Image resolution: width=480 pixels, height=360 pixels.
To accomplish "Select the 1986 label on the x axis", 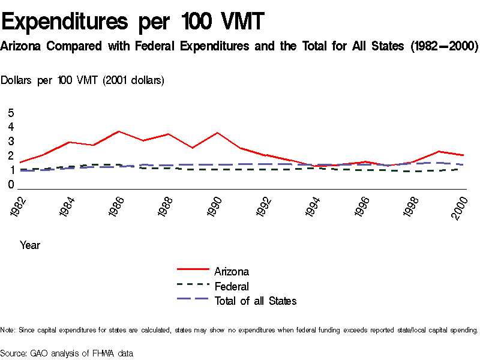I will point(118,208).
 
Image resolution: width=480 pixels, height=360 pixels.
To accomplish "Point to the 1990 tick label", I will point(215,208).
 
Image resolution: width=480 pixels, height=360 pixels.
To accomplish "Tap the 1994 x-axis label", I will point(312,208).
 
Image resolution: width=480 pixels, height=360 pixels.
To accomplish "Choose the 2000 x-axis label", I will point(459,208).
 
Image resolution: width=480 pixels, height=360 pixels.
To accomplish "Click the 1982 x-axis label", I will point(20,208).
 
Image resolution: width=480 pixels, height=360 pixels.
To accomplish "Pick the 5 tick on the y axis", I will point(10,113).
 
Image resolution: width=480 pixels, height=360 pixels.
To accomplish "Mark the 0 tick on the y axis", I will point(10,185).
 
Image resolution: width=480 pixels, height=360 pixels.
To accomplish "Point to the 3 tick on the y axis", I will point(10,142).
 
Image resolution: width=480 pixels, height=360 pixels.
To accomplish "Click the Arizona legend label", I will point(231,272).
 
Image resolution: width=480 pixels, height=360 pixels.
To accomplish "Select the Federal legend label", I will point(231,286).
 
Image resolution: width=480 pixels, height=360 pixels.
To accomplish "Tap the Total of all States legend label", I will point(255,301).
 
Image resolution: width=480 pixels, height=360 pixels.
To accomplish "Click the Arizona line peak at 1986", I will point(119,131).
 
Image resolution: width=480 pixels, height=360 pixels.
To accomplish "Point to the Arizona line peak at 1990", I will point(217,133).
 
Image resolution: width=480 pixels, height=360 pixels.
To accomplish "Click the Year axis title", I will point(30,245).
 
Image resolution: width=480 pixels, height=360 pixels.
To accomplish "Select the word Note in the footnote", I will point(8,330).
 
